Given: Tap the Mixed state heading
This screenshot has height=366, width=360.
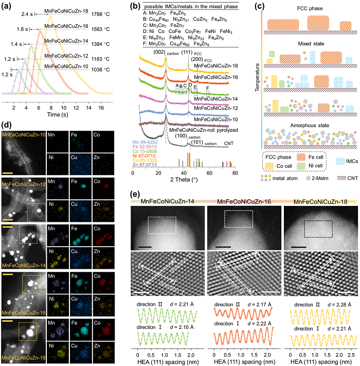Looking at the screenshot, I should tap(309, 45).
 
